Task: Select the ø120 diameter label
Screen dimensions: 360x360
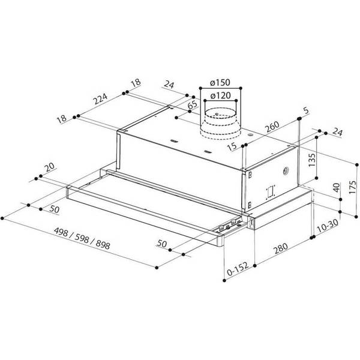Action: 222,95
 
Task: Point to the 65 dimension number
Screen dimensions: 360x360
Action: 193,107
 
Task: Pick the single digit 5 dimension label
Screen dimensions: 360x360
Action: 306,110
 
